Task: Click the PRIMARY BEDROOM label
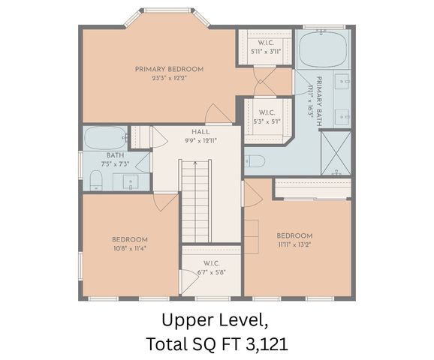(169, 69)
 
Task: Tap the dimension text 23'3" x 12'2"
(169, 77)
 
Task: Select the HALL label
(200, 132)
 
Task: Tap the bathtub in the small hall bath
(105, 138)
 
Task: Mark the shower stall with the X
(336, 152)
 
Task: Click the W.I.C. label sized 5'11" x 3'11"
(265, 43)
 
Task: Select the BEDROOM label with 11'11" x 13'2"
(294, 235)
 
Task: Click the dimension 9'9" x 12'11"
(200, 140)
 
